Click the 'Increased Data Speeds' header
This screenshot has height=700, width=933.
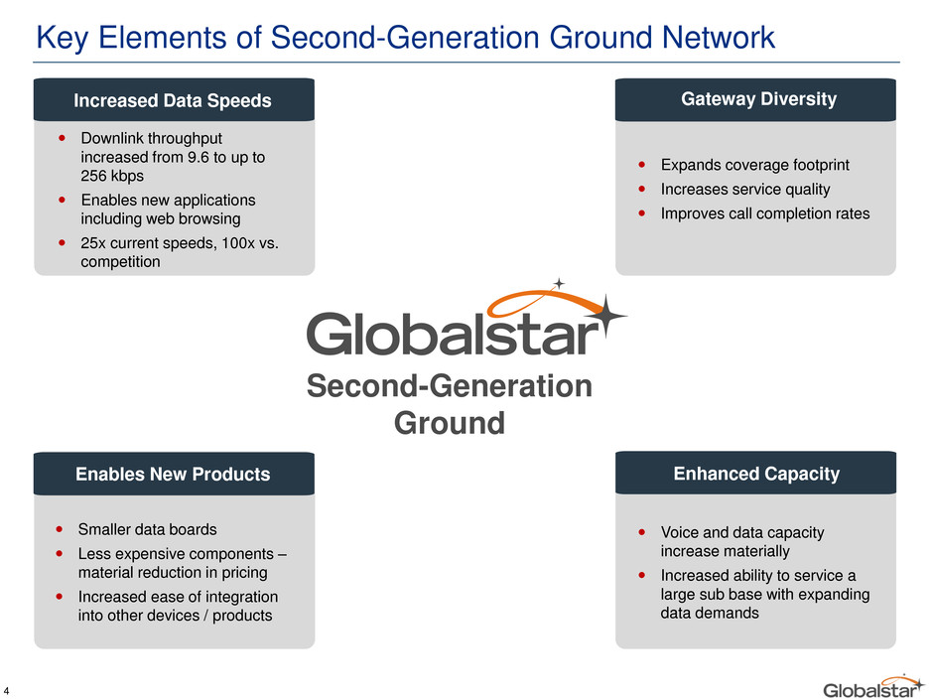click(173, 100)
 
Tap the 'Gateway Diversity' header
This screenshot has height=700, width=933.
click(758, 99)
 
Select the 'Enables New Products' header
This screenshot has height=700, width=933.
click(173, 474)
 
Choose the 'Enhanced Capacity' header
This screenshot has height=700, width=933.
click(756, 474)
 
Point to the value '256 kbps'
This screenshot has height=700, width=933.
click(112, 176)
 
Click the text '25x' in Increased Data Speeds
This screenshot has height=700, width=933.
click(93, 243)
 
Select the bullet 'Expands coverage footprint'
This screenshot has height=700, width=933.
click(755, 165)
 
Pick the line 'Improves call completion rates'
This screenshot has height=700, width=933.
click(765, 213)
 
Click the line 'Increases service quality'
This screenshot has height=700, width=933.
click(745, 190)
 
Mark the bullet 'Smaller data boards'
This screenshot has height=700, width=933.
click(148, 529)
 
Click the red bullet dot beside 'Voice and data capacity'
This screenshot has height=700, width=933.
click(641, 532)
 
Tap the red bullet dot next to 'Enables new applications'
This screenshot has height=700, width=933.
click(62, 200)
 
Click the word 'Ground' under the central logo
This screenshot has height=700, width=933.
click(450, 423)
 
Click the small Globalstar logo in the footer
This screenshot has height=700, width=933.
click(873, 687)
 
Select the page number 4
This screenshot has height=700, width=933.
click(6, 691)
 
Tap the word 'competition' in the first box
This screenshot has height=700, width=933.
click(120, 262)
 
